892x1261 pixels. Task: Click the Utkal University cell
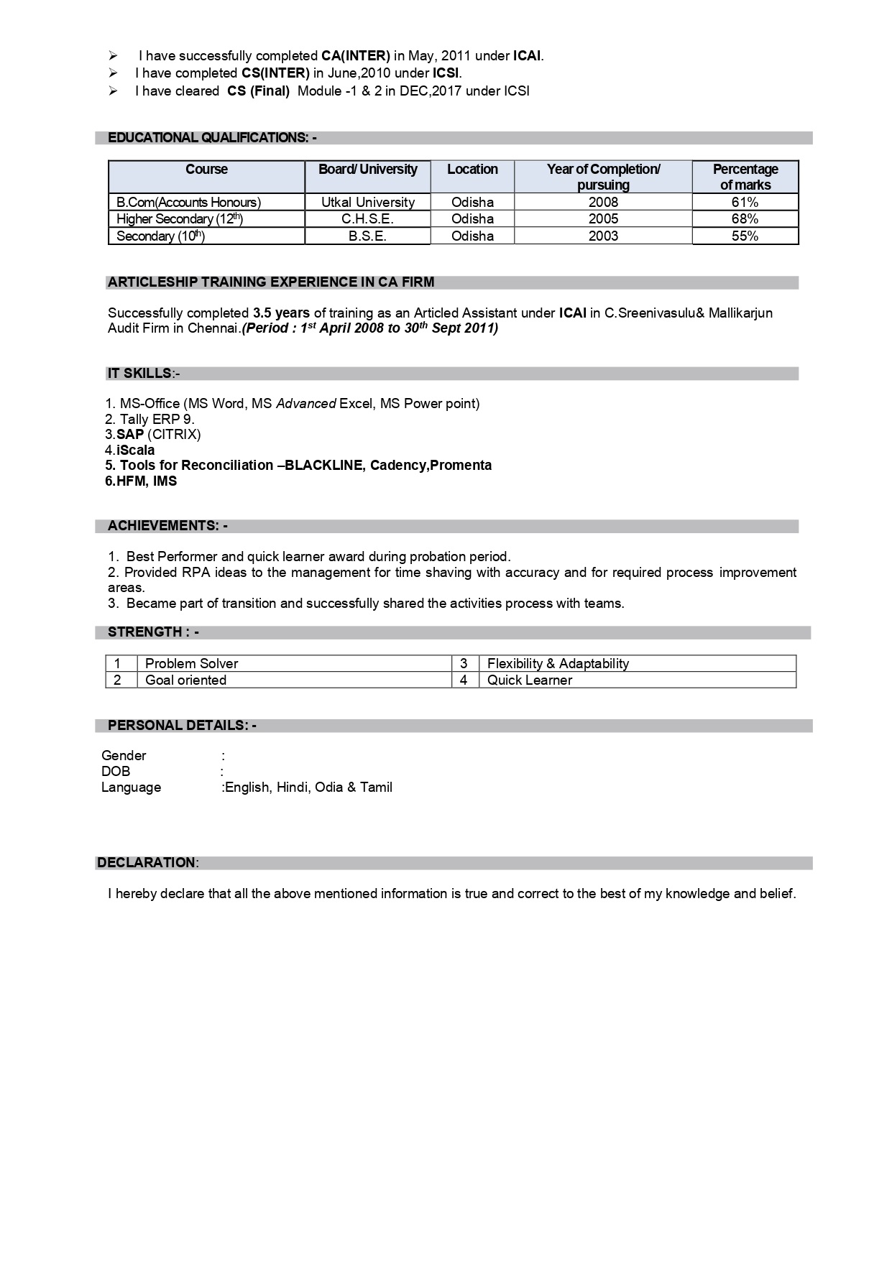[x=367, y=202]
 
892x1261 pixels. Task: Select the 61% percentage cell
[x=745, y=202]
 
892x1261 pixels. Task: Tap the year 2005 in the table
[x=603, y=218]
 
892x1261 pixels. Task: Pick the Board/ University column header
[x=367, y=170]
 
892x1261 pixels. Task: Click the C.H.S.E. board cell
[x=367, y=218]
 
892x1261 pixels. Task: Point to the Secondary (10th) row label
[x=160, y=236]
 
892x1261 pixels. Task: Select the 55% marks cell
[x=745, y=236]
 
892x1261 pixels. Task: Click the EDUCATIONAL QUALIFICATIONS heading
[x=212, y=138]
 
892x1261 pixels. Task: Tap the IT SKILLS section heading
[x=143, y=374]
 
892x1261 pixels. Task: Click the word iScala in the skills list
[x=136, y=450]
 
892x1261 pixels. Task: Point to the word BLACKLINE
[x=324, y=466]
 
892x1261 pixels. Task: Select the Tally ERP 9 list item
[x=150, y=419]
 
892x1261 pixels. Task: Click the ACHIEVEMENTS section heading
[x=167, y=526]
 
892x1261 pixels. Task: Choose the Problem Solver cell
[x=191, y=664]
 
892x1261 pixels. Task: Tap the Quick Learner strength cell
[x=530, y=680]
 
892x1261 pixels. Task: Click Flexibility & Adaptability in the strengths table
[x=558, y=664]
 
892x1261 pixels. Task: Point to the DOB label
[x=116, y=772]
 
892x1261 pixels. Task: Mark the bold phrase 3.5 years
[x=281, y=313]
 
